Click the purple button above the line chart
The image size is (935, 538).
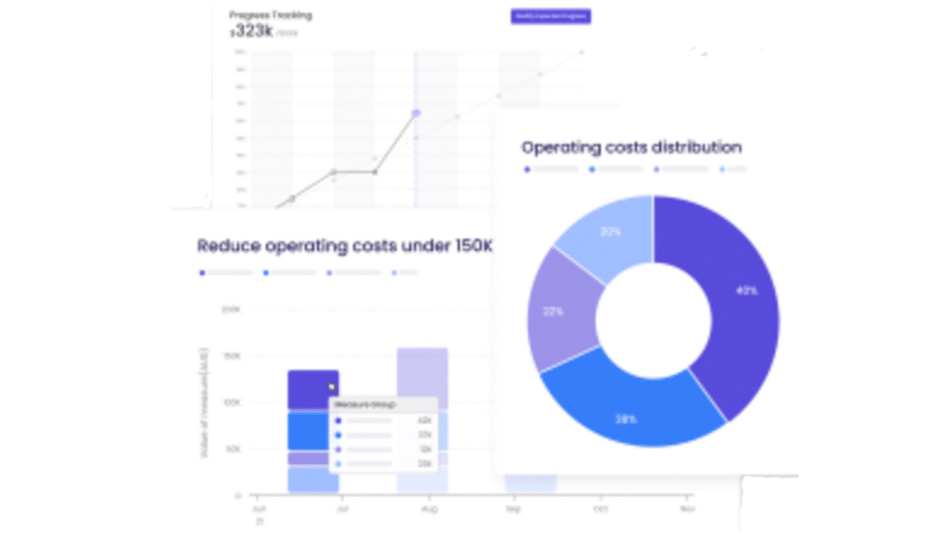tap(551, 16)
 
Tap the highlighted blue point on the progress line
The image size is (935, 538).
tap(416, 113)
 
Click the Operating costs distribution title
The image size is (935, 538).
tap(631, 147)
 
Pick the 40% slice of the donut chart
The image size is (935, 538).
tap(730, 301)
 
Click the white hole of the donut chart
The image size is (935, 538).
tap(653, 322)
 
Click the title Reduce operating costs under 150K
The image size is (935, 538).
tap(345, 247)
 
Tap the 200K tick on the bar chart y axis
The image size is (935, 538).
tap(230, 309)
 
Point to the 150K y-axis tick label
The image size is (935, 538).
tap(230, 356)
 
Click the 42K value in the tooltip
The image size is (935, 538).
tap(424, 421)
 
